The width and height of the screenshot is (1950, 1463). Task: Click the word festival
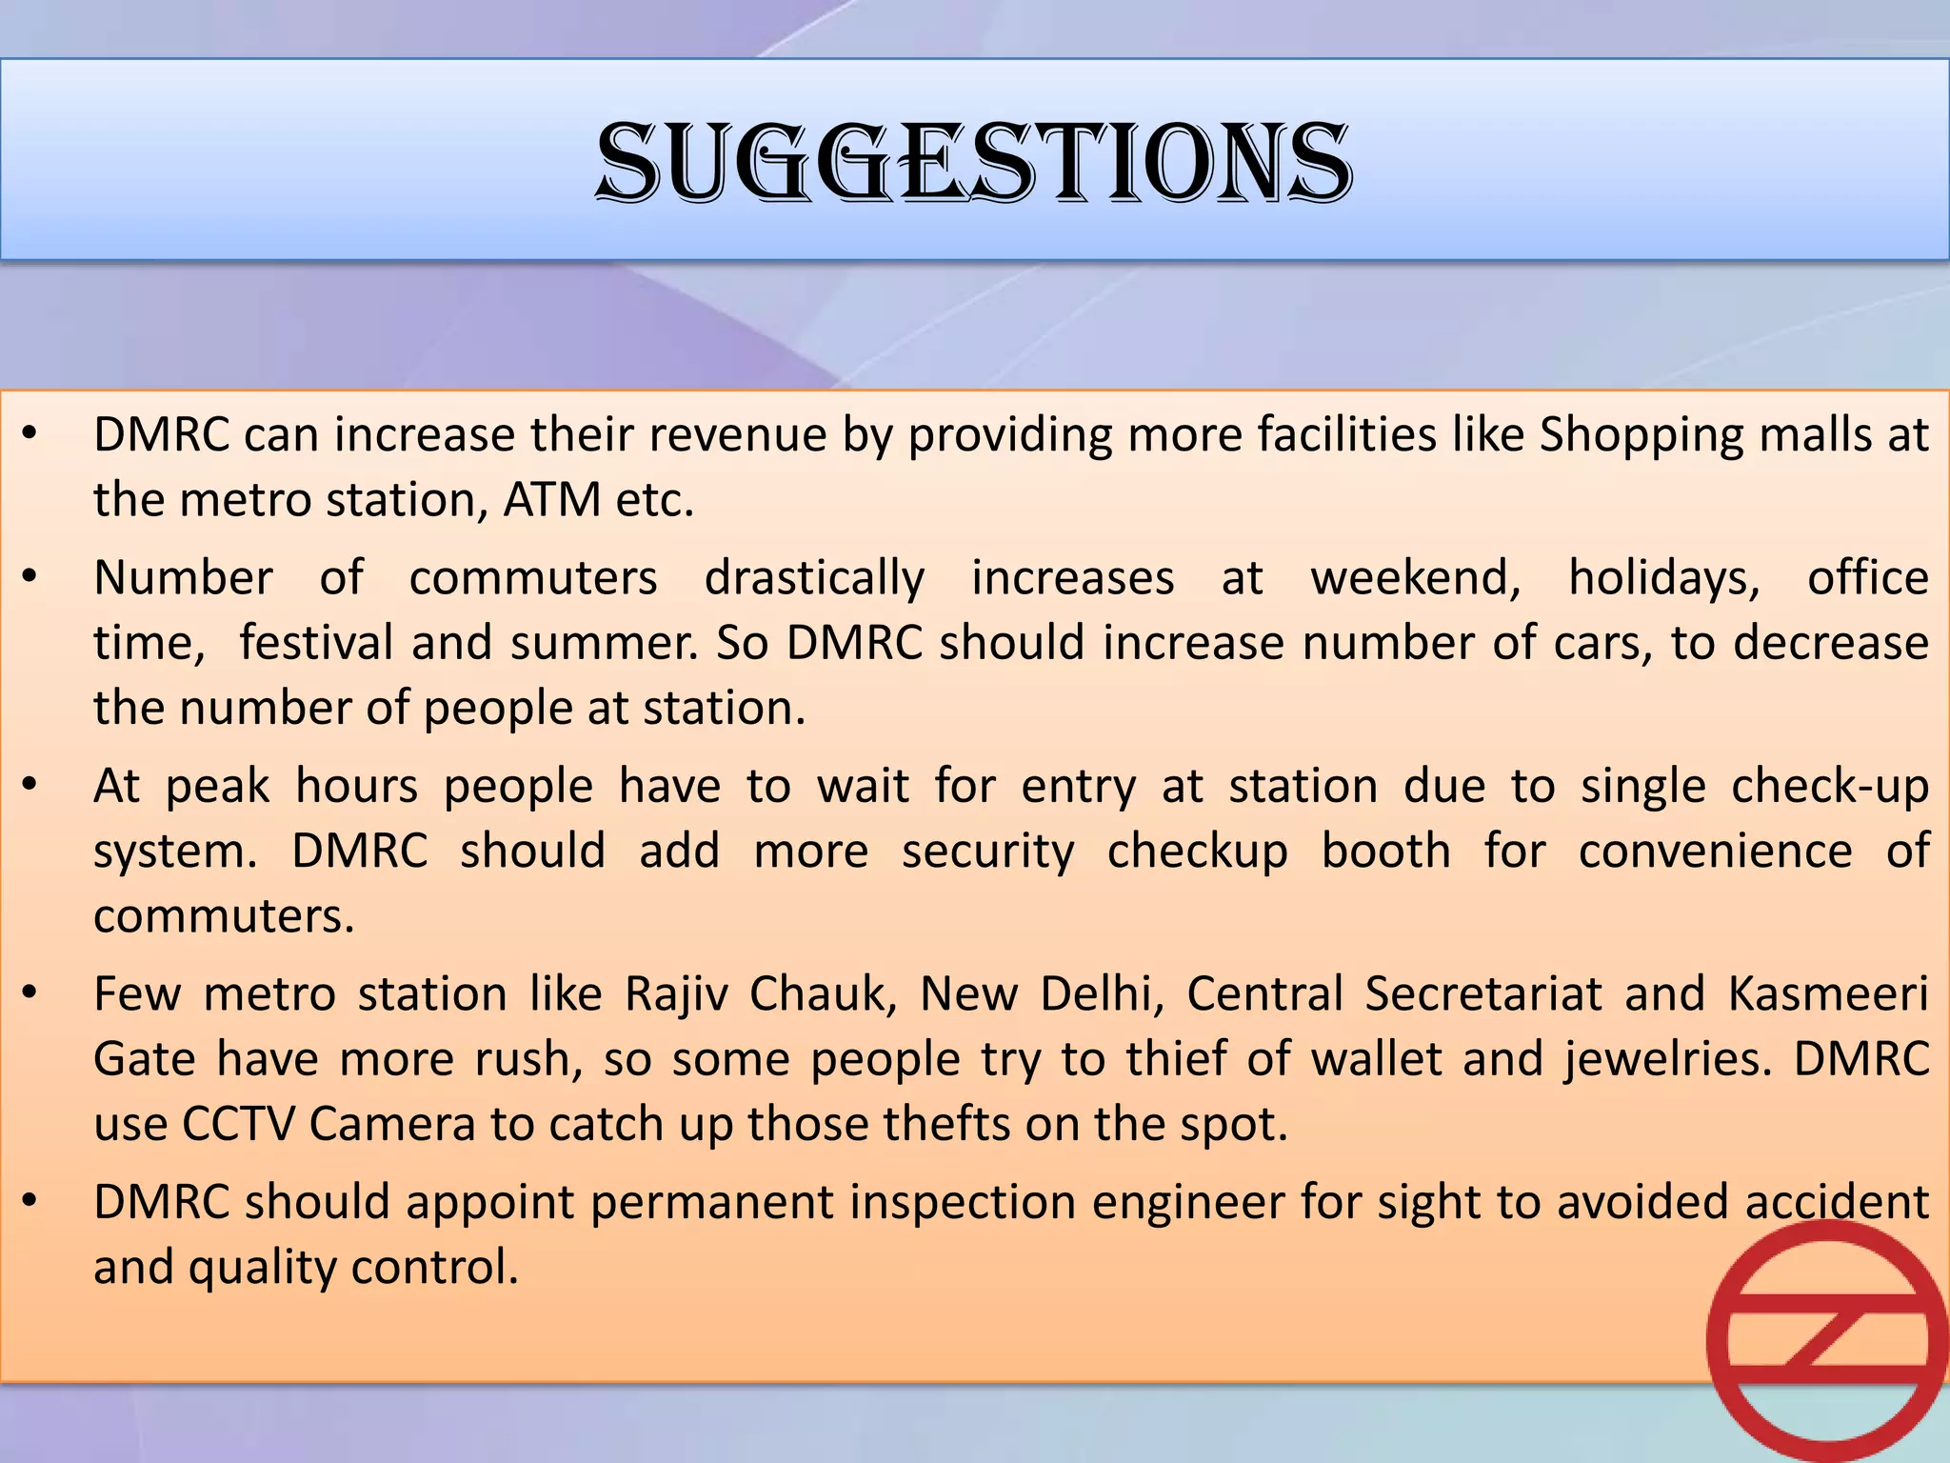click(315, 643)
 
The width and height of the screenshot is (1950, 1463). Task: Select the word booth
click(1385, 852)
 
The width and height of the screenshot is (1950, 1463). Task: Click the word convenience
click(1715, 852)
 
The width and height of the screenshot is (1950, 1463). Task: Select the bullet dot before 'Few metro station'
click(30, 993)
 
